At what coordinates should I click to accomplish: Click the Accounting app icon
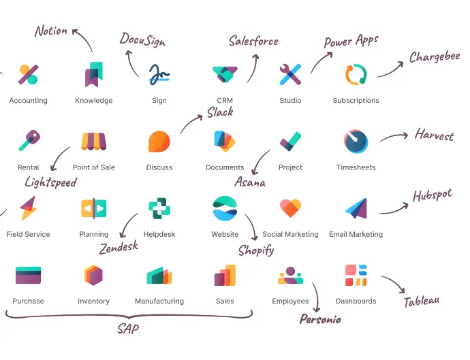click(x=28, y=74)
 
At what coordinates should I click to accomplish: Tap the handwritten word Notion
click(x=51, y=31)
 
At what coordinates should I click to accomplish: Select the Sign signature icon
click(x=159, y=74)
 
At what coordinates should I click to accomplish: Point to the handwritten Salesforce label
click(x=253, y=41)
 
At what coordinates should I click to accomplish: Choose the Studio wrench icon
click(x=290, y=74)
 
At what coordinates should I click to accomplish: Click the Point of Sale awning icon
click(x=93, y=142)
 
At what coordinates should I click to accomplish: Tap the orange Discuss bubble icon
click(x=159, y=142)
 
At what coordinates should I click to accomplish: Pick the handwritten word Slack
click(x=220, y=112)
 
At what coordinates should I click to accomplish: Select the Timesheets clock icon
click(x=356, y=142)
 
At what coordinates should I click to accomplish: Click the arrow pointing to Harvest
click(x=394, y=137)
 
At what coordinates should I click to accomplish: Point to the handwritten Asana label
click(x=250, y=182)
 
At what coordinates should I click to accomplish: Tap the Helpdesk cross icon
click(x=159, y=208)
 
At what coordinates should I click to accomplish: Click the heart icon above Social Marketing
click(x=290, y=208)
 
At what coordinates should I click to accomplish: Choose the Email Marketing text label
click(x=356, y=234)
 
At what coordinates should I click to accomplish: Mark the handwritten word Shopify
click(x=256, y=250)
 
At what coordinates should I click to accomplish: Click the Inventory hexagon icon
click(x=93, y=275)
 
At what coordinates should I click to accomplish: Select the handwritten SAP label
click(x=128, y=329)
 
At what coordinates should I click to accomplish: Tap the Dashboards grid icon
click(x=356, y=275)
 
